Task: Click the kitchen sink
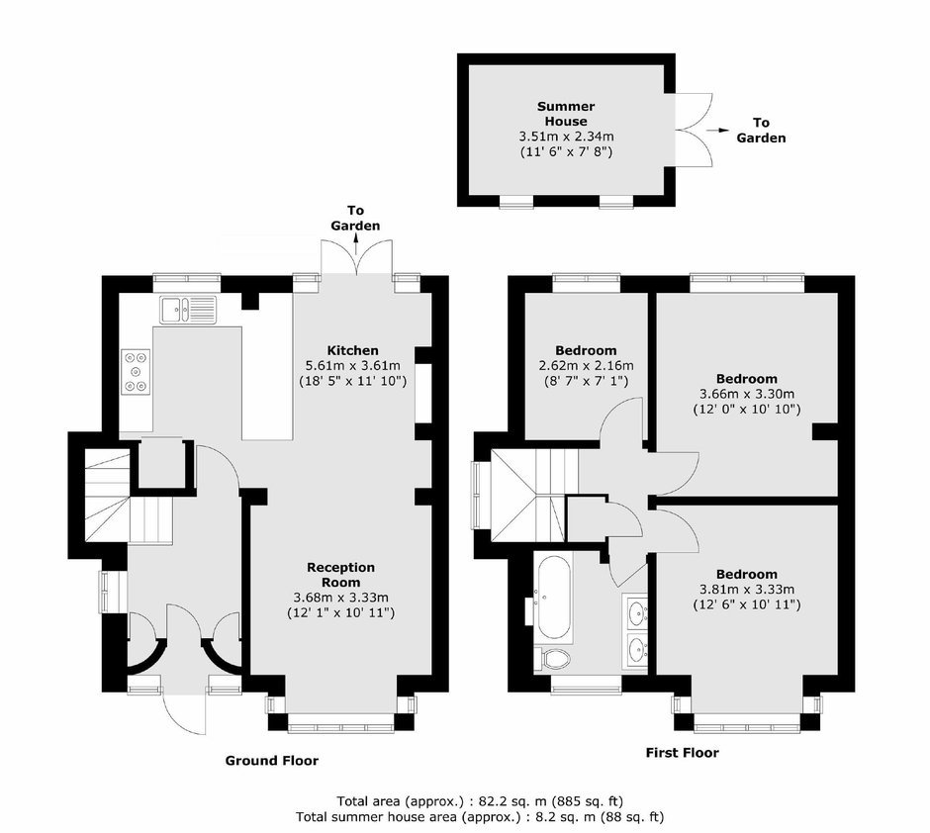[x=189, y=310]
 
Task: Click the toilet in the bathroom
[x=552, y=658]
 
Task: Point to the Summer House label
[x=566, y=114]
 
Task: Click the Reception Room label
[x=340, y=575]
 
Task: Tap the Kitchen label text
[x=353, y=350]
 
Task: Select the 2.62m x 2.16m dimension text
[x=586, y=365]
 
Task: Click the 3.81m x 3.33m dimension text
[x=747, y=590]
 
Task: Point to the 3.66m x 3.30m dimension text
[x=747, y=394]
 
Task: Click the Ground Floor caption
[x=272, y=761]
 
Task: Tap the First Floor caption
[x=682, y=753]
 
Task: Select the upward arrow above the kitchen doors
[x=356, y=244]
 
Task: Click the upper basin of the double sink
[x=637, y=610]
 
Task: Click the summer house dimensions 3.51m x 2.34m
[x=567, y=137]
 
